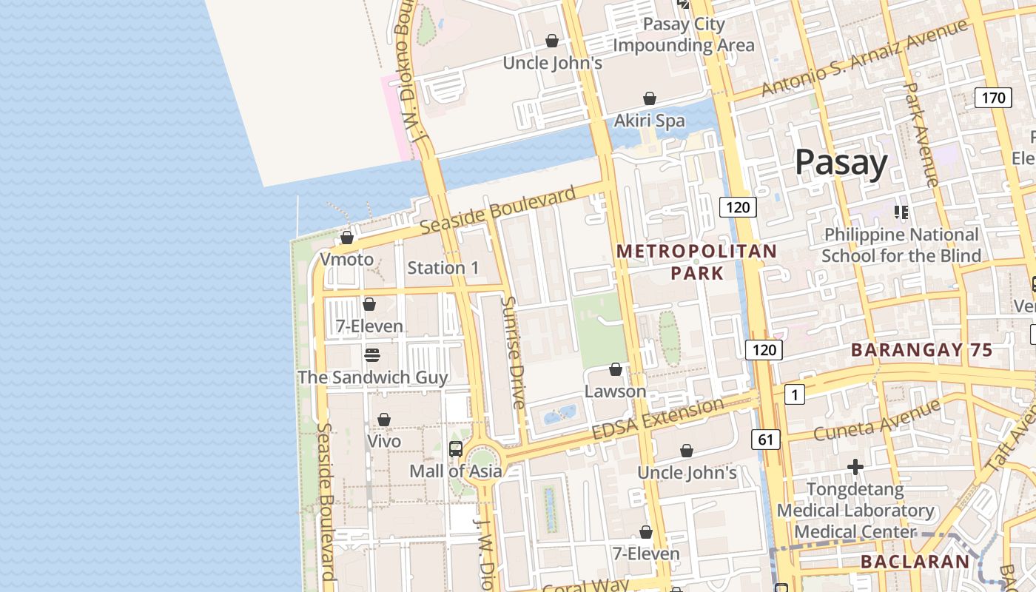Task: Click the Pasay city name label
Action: pos(841,163)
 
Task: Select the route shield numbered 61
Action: pos(765,440)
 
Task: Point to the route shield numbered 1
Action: pos(794,395)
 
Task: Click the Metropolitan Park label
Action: pos(696,262)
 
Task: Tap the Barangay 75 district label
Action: pos(921,351)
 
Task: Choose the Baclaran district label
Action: pos(915,562)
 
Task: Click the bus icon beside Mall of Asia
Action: pos(456,448)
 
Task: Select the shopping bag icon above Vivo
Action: pos(383,420)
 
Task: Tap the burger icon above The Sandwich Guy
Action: pos(372,355)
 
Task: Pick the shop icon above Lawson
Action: pos(615,369)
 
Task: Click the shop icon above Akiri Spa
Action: pos(649,98)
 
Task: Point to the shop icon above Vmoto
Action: pos(346,238)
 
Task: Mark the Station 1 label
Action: pos(443,268)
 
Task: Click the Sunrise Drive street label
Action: pos(513,352)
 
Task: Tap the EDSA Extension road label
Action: pos(658,418)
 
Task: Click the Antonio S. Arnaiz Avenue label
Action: pos(864,58)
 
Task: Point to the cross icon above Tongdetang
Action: pos(855,467)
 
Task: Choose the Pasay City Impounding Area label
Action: pos(683,35)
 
